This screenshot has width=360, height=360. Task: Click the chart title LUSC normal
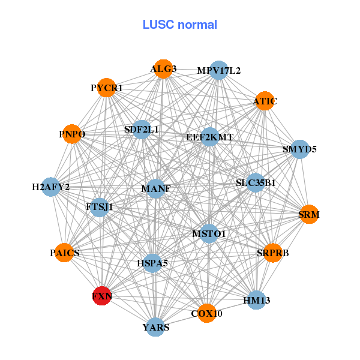(x=180, y=25)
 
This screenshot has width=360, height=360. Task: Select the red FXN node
(x=102, y=296)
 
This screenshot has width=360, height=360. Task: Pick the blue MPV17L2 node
(x=218, y=70)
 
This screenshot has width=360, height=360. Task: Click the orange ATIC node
(x=264, y=101)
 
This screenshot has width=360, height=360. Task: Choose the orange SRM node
(x=309, y=214)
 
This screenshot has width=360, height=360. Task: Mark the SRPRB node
(x=273, y=253)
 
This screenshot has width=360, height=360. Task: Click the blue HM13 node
(x=256, y=299)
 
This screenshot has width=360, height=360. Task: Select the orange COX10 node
(x=206, y=313)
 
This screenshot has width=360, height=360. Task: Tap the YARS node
(x=156, y=327)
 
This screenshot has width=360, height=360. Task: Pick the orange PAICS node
(x=65, y=253)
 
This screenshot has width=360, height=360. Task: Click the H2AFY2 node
(x=51, y=187)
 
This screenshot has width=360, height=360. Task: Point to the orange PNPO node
(x=72, y=134)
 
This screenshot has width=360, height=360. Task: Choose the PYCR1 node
(x=106, y=88)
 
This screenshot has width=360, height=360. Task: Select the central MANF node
(x=155, y=188)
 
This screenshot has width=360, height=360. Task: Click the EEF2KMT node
(x=209, y=137)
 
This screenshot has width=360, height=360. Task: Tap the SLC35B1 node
(x=256, y=182)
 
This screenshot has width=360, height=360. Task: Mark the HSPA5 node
(x=152, y=263)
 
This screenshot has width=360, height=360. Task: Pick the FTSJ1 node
(x=99, y=206)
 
